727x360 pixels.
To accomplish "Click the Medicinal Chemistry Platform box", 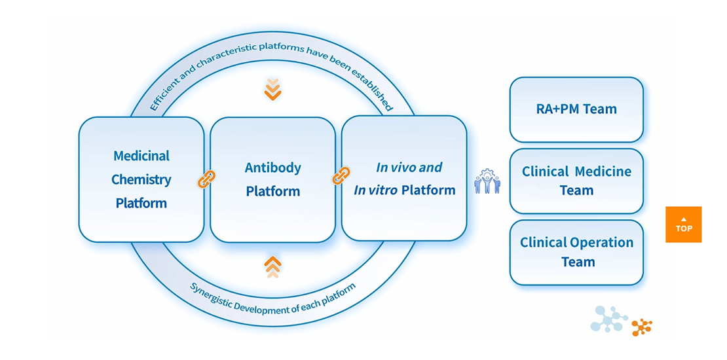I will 141,179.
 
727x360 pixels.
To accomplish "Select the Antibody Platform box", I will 272,179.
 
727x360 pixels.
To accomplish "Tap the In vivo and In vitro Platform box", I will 404,179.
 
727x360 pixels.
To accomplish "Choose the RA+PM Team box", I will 576,109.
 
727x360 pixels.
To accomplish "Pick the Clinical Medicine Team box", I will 576,181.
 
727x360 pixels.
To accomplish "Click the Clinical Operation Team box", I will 576,252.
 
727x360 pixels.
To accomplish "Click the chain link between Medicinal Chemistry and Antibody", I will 207,179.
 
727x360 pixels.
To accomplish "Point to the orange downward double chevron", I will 273,89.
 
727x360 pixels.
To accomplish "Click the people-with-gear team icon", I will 487,181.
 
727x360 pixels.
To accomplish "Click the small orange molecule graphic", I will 642,327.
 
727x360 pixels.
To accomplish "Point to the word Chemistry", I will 141,179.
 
